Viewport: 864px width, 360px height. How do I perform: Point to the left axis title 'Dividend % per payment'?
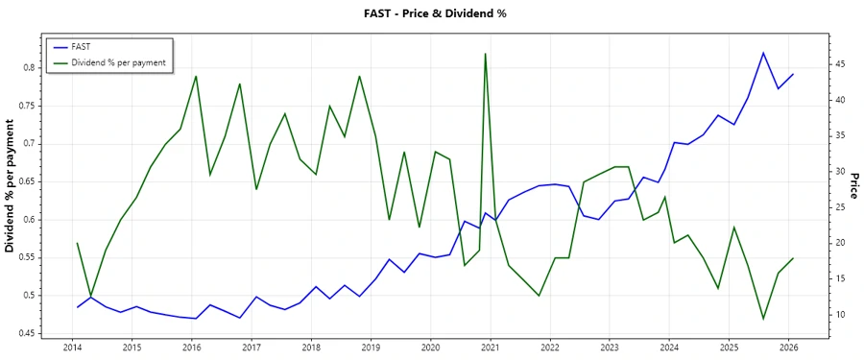coord(11,186)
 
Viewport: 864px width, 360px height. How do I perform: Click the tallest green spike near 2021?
coord(485,54)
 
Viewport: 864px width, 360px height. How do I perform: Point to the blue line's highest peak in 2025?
coord(763,53)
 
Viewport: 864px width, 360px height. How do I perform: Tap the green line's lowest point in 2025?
coord(763,319)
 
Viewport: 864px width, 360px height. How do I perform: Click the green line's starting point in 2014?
coord(78,244)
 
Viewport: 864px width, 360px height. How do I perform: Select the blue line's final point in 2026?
coord(793,74)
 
